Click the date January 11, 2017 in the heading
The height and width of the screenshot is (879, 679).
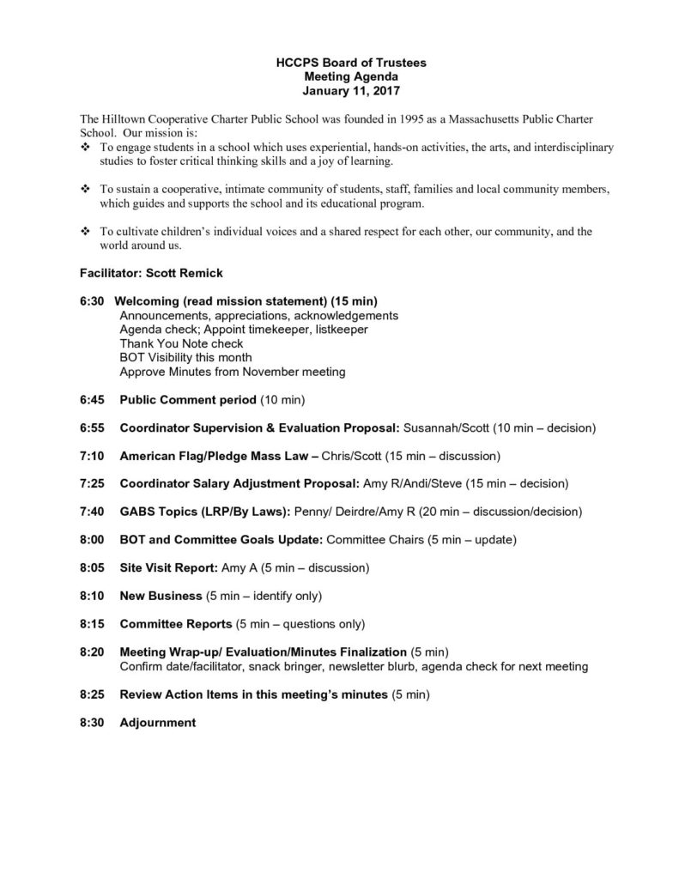(339, 89)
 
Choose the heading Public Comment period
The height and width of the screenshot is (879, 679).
(188, 399)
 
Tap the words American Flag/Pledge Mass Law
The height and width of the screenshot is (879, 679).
(214, 455)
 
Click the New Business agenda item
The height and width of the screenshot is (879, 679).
(161, 596)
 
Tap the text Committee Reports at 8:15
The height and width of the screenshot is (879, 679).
(176, 624)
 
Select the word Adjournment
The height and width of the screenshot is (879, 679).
(158, 723)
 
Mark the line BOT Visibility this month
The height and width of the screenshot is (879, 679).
(185, 357)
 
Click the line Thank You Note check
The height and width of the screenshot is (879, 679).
(181, 343)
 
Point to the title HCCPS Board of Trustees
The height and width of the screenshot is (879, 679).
(339, 64)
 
